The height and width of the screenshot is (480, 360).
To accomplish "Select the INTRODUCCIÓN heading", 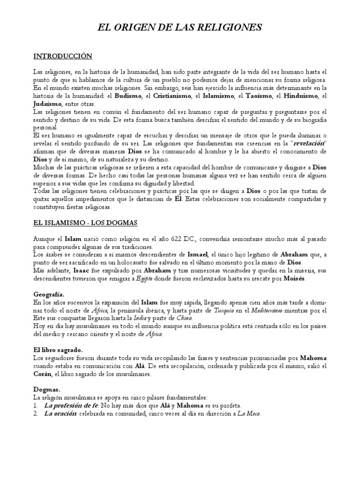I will tap(62, 56).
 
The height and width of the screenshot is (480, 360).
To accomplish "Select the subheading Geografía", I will tap(49, 294).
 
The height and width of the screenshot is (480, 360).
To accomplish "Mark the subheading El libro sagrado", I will tap(58, 350).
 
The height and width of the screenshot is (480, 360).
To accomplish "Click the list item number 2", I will tap(36, 413).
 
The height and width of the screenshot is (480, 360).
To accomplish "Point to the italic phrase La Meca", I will tap(249, 413).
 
